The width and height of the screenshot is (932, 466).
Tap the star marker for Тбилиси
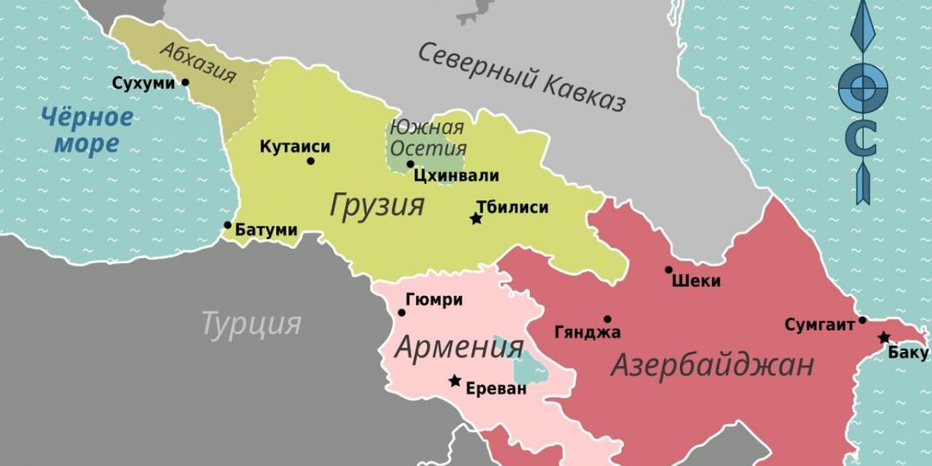point(475,219)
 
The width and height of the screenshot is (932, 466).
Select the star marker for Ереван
point(455,381)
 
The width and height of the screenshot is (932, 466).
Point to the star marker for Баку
point(884,337)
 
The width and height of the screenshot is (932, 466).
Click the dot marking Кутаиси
point(311,161)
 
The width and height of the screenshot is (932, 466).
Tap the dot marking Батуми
point(228,225)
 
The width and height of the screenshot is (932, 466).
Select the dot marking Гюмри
point(401,312)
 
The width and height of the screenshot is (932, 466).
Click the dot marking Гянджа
point(608,319)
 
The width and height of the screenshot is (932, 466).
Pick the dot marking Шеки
point(669,270)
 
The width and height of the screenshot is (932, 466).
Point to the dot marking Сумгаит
point(861,321)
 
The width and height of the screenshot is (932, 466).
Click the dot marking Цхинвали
point(411,164)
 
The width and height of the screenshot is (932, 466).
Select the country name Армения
point(459,347)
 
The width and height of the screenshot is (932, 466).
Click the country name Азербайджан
point(712,365)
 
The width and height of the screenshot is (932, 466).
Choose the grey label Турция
point(251,324)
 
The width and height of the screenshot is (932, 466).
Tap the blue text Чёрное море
point(86,129)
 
